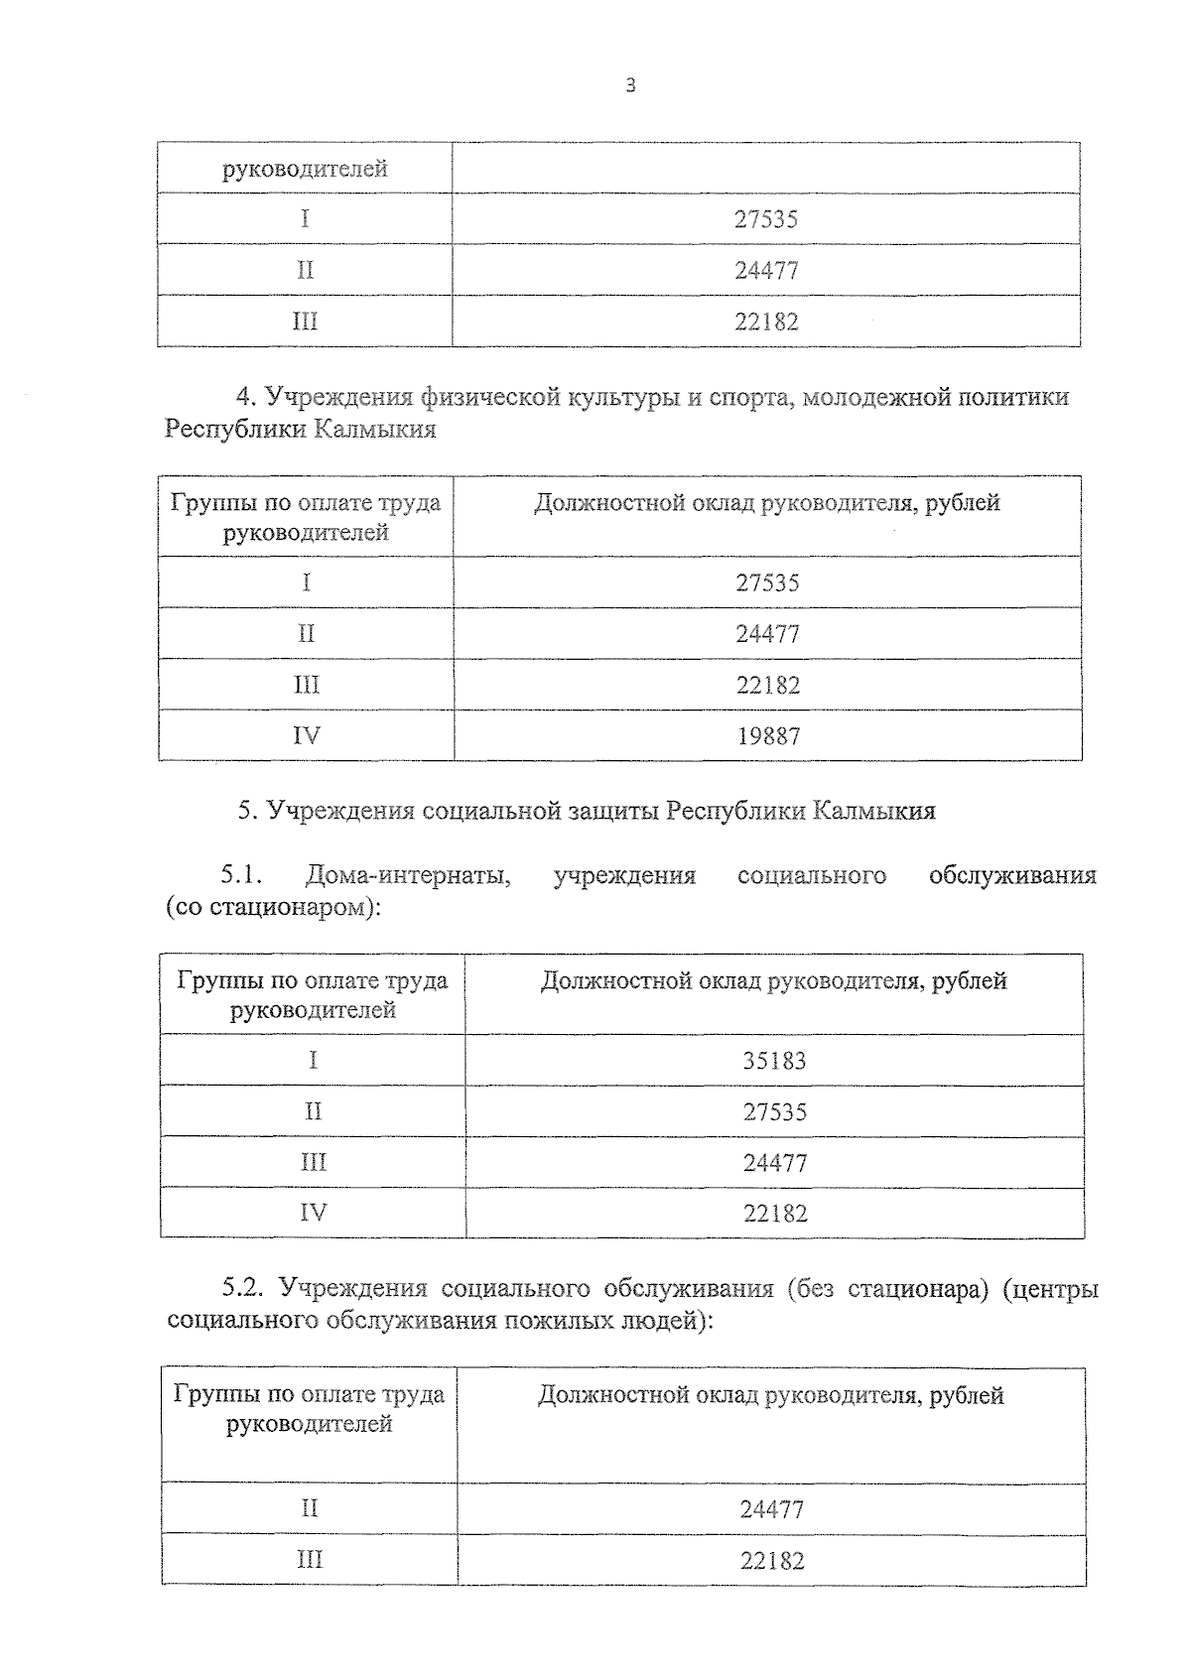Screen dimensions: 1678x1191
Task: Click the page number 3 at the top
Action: coord(630,86)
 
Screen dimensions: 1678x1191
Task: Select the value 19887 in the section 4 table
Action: coord(767,736)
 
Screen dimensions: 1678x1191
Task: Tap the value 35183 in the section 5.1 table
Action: coord(774,1061)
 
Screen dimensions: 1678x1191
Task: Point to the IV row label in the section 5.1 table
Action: coord(313,1213)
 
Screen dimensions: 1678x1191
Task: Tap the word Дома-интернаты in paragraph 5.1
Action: coord(408,875)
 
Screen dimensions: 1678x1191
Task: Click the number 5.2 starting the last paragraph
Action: coord(241,1289)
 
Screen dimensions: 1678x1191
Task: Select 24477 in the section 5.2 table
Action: coord(771,1509)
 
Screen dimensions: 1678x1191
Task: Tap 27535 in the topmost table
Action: coord(765,219)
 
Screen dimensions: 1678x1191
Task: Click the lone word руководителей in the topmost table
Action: coord(305,169)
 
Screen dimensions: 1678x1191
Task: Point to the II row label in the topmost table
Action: coord(305,270)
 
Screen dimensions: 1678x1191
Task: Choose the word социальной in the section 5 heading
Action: coord(480,811)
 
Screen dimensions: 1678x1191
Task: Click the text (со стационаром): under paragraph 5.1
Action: coord(273,907)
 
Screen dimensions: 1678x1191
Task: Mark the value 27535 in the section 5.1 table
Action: coord(774,1111)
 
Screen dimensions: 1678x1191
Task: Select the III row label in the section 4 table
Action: coord(306,685)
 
